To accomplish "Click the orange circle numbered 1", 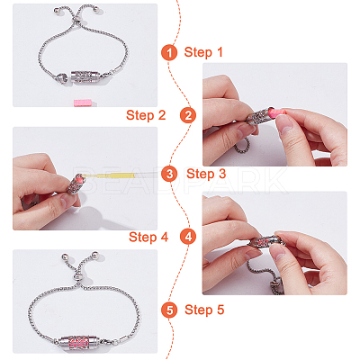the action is pos(169,52).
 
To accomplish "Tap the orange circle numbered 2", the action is pos(188,115).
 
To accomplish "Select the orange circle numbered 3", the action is pos(169,174).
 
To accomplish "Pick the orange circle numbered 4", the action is pos(188,237).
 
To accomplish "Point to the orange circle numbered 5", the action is pos(169,310).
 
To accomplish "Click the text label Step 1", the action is pos(203,52).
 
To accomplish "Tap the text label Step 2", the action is pos(146,115).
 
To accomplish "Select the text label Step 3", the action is pos(206,174).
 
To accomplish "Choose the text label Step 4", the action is pos(148,237).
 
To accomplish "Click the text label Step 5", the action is pos(204,310).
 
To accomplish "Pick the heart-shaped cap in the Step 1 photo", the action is pos(62,77).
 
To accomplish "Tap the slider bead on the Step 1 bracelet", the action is pos(78,21).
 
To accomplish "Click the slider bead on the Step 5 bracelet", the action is pos(78,276).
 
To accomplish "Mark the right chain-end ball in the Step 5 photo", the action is pos(95,256).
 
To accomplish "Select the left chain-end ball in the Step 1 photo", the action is pos(57,11).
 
